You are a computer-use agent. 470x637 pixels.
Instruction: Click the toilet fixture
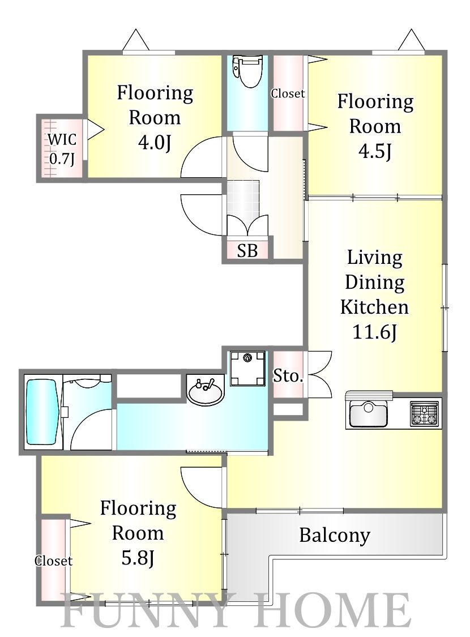pyautogui.click(x=247, y=71)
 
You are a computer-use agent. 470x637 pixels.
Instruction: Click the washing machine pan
pyautogui.click(x=247, y=369)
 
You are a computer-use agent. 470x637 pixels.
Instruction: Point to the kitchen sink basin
pyautogui.click(x=368, y=412)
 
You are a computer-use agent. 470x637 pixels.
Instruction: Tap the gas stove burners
pyautogui.click(x=425, y=413)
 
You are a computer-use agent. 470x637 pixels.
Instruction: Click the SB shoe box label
pyautogui.click(x=247, y=251)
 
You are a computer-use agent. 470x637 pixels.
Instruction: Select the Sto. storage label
pyautogui.click(x=288, y=376)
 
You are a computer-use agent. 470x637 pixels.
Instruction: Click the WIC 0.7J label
pyautogui.click(x=62, y=149)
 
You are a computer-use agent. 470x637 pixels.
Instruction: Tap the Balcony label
pyautogui.click(x=335, y=536)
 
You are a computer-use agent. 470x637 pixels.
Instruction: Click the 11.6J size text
pyautogui.click(x=374, y=332)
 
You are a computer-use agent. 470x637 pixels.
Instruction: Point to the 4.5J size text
pyautogui.click(x=375, y=152)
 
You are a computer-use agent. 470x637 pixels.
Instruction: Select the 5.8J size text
pyautogui.click(x=138, y=558)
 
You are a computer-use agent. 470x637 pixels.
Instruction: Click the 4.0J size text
pyautogui.click(x=155, y=143)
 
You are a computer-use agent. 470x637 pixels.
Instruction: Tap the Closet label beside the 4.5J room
pyautogui.click(x=288, y=93)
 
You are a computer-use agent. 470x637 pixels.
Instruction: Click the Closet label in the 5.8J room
pyautogui.click(x=54, y=561)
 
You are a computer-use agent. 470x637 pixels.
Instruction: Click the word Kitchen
pyautogui.click(x=374, y=307)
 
